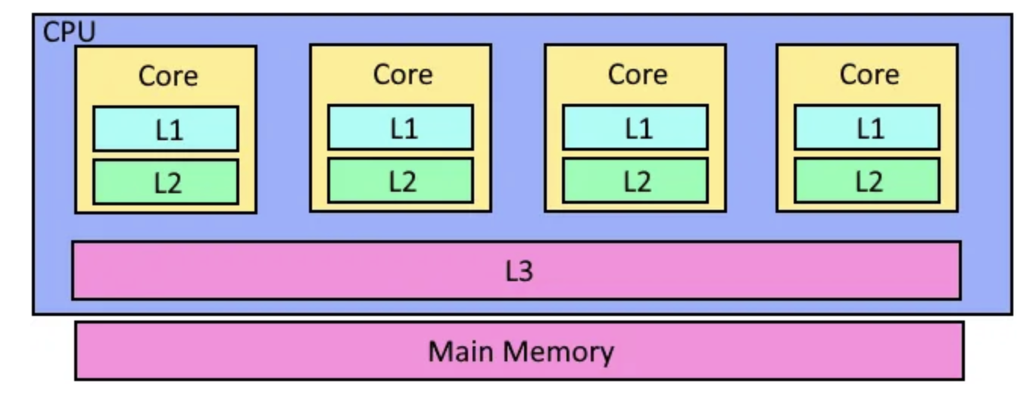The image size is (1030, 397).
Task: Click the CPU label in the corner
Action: [69, 33]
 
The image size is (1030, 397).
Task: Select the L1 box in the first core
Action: [166, 129]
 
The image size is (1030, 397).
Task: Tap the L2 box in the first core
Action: [166, 182]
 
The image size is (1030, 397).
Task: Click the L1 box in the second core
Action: [401, 127]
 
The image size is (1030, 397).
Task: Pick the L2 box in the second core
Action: [401, 180]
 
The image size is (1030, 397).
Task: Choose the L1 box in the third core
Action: [635, 127]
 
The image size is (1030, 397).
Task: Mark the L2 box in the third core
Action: [635, 180]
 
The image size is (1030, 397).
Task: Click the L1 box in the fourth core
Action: [867, 127]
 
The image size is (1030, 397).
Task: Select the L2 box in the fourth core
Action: [867, 180]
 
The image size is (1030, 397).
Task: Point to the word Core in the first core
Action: [167, 76]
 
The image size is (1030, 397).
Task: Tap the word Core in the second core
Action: [402, 74]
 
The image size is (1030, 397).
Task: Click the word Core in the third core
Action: [637, 74]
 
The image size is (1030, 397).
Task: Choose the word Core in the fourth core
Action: [869, 74]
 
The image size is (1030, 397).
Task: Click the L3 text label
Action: [519, 270]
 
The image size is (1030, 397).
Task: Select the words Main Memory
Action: [520, 352]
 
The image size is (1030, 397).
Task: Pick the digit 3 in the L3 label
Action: [526, 270]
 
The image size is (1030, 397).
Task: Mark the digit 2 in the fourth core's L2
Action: [875, 181]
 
